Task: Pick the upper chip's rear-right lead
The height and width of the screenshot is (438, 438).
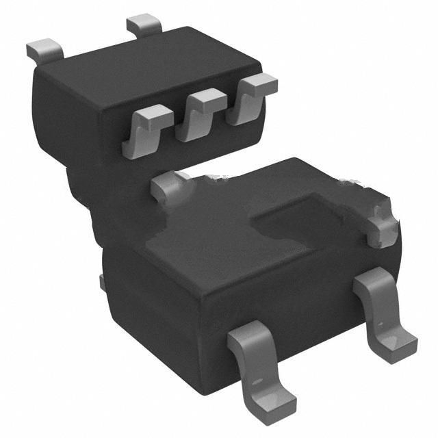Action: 144,25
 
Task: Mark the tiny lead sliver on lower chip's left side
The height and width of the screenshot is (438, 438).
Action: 101,281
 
